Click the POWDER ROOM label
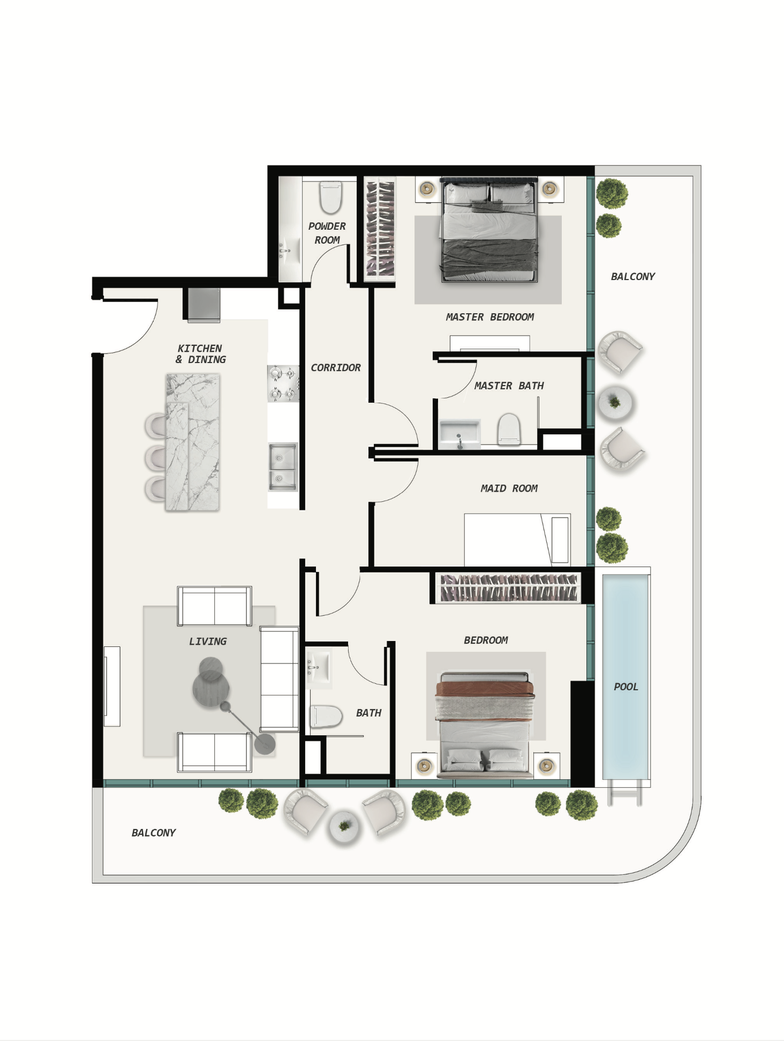pos(327,233)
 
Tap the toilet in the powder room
pos(330,197)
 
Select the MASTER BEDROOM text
pos(489,317)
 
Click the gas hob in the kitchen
pos(283,383)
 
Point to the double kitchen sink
pos(283,467)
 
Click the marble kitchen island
pos(192,442)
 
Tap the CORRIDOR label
pos(336,368)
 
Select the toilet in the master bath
pos(509,429)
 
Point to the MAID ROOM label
pos(509,488)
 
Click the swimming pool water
pos(625,677)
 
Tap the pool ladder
pos(625,793)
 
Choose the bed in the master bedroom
pos(488,229)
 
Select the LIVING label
pos(208,642)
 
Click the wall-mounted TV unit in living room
pos(112,687)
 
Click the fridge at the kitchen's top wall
pos(203,305)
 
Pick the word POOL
pos(626,687)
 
